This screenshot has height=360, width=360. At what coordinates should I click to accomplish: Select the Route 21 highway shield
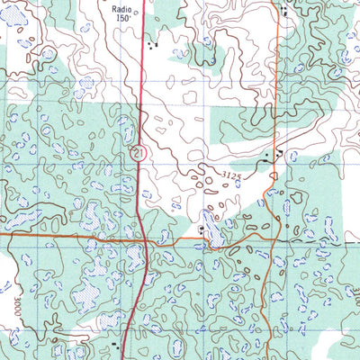pos(138,153)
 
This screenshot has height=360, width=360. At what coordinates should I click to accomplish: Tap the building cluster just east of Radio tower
pos(152,42)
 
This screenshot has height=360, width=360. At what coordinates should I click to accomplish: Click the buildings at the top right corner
pos(285,10)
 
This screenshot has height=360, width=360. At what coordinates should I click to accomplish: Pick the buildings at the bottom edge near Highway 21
pos(115,346)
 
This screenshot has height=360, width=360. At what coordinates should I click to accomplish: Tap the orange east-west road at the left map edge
pos(4,236)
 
